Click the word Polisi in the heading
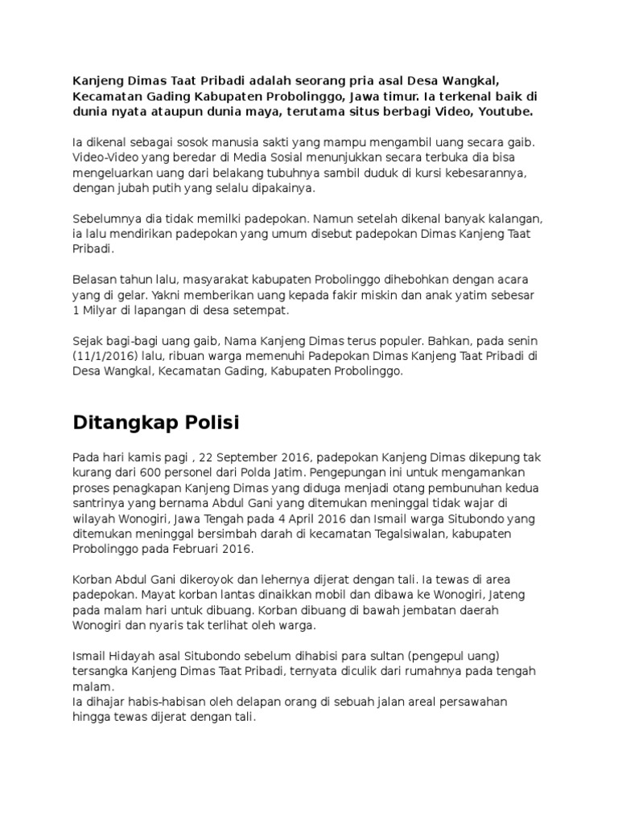(x=206, y=422)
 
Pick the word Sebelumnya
(x=108, y=219)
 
